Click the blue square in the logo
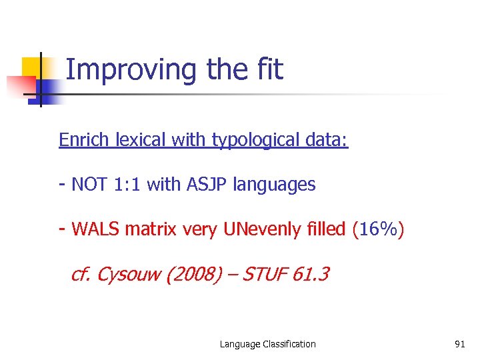(x=47, y=91)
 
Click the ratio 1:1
(x=127, y=185)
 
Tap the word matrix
(x=150, y=230)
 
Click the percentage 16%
(x=378, y=230)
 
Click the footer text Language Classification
(x=268, y=344)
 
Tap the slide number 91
(x=459, y=344)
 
